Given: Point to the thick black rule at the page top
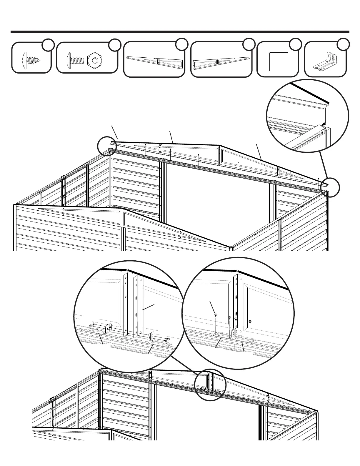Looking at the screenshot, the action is click(180, 32).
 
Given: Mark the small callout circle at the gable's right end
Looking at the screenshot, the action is click(330, 187).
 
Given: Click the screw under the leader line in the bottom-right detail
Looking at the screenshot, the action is click(216, 315).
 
